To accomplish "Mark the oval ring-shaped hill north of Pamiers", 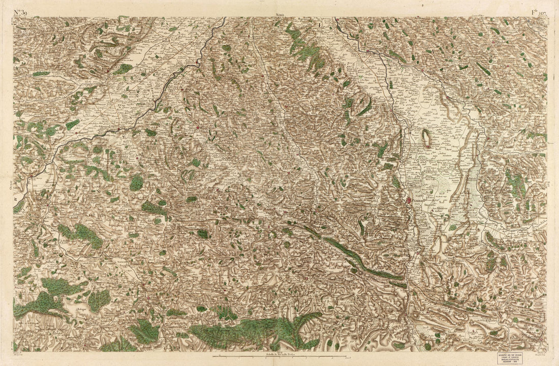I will [x=426, y=138].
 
